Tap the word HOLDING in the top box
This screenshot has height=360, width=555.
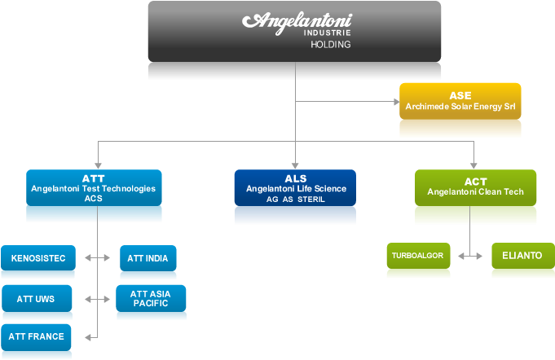330,45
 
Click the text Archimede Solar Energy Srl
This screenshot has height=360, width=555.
460,106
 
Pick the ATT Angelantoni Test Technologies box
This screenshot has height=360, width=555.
93,187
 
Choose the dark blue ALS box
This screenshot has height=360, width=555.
295,187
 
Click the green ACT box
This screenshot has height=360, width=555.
475,187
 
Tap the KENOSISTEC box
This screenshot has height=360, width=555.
38,258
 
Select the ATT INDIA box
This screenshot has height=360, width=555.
148,258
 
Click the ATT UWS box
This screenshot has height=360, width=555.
36,299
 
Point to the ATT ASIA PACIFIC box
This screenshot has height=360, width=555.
151,298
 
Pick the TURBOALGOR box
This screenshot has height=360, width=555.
417,256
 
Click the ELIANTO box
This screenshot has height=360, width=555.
522,256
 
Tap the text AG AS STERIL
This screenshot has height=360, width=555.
295,200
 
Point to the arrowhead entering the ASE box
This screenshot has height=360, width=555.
394,102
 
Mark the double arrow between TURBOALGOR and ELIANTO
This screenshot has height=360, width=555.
470,256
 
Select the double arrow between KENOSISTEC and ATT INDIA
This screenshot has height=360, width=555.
98,258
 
